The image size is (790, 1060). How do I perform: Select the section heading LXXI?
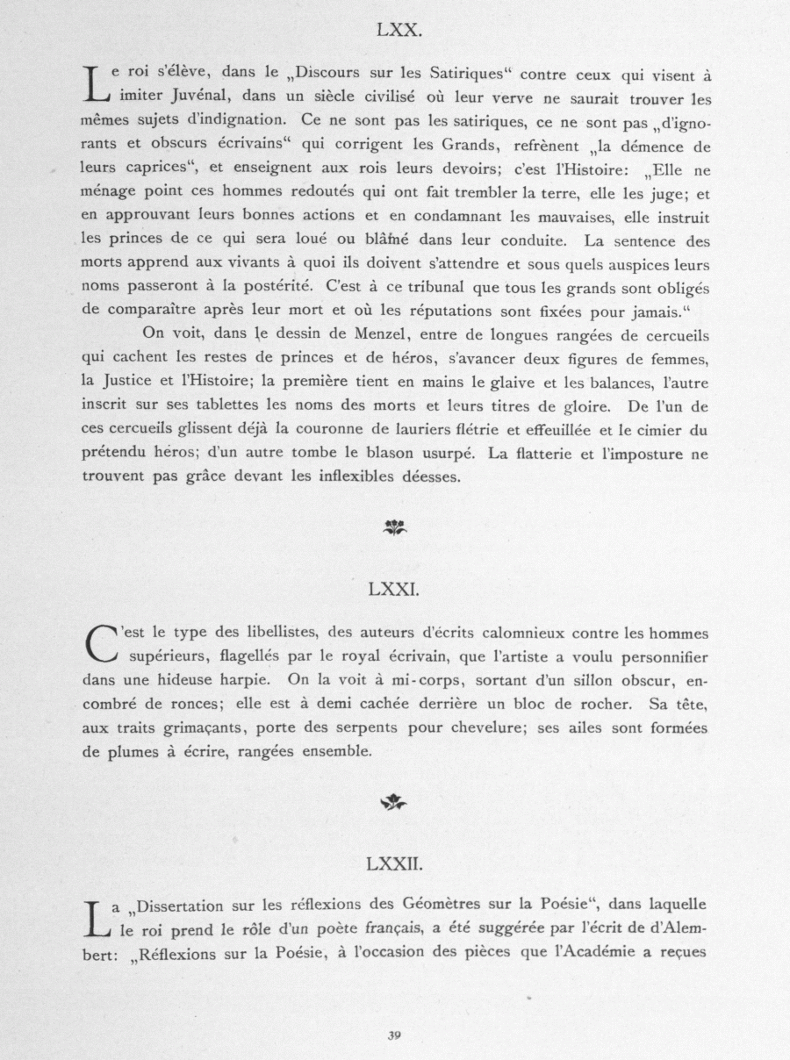394,590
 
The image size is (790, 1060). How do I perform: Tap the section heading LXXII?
394,864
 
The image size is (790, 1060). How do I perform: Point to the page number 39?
394,1035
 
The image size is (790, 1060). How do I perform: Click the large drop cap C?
103,645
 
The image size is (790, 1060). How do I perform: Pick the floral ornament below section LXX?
394,526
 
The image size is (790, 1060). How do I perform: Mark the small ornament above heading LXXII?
394,801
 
